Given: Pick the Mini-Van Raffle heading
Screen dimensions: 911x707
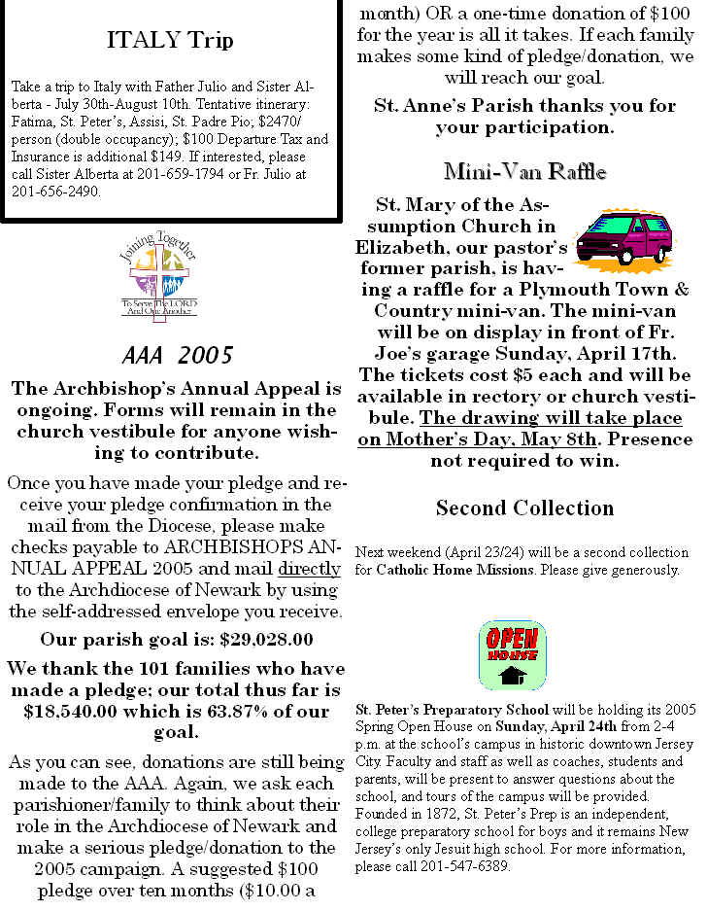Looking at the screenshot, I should coord(524,172).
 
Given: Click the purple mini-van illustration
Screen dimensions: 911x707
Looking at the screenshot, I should coord(623,239).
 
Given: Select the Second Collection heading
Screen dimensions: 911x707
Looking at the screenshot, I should coord(524,508).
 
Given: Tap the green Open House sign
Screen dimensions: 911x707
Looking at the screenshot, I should coord(512,655).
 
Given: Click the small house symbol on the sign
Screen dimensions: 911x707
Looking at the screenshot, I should coord(512,675).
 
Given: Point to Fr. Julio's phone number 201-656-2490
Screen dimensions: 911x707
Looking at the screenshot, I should coord(55,191).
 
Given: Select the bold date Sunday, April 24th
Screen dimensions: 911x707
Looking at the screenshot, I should coord(550,724).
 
